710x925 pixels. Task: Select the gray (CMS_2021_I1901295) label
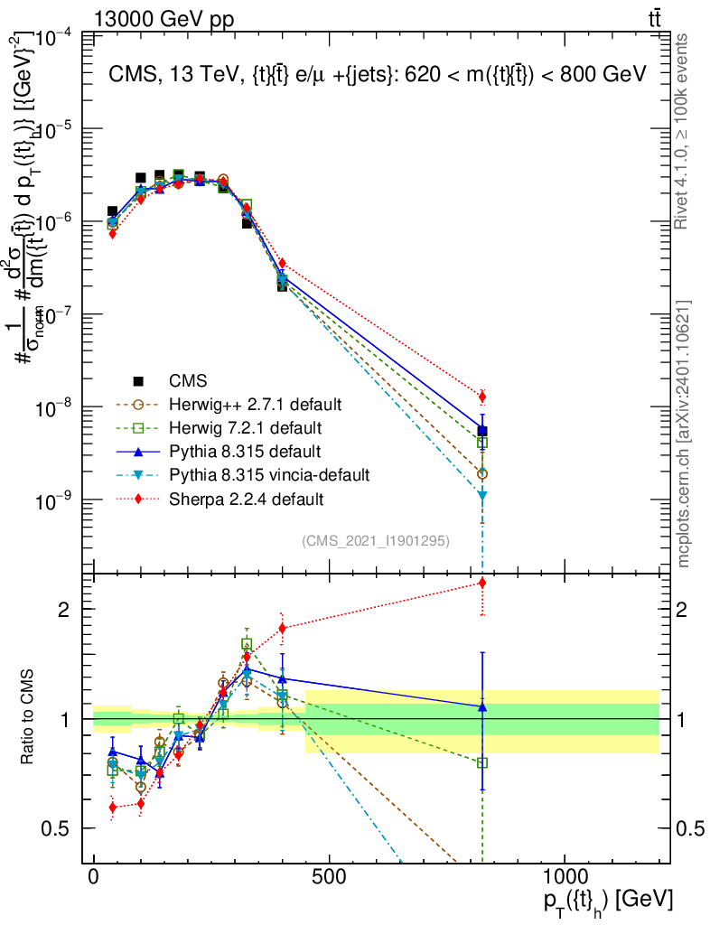coord(376,540)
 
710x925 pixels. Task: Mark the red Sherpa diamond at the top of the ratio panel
coord(482,583)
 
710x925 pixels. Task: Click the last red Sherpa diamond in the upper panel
coord(482,396)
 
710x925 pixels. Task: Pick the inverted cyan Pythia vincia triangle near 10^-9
coord(482,496)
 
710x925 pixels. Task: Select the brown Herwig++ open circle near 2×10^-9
coord(482,473)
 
